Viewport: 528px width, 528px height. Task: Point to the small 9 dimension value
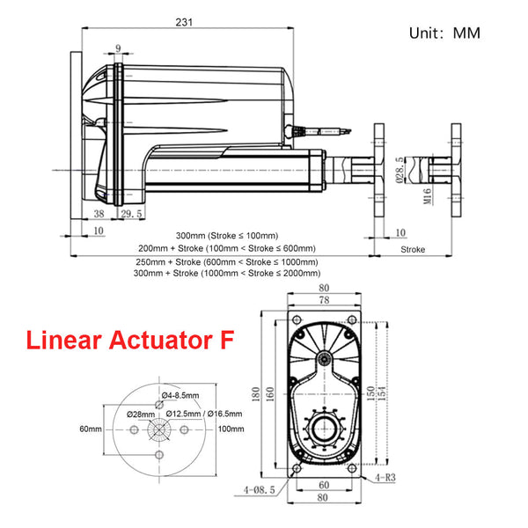tap(116, 48)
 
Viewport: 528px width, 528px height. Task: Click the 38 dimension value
tap(99, 214)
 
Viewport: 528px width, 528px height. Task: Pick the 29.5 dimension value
tap(131, 214)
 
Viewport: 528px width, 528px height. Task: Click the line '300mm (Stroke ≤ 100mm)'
tap(226, 235)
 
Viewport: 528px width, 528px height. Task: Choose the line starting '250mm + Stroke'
tap(227, 261)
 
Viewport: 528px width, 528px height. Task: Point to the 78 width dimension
tap(324, 300)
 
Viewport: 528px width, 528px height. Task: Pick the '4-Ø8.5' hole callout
tap(259, 489)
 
